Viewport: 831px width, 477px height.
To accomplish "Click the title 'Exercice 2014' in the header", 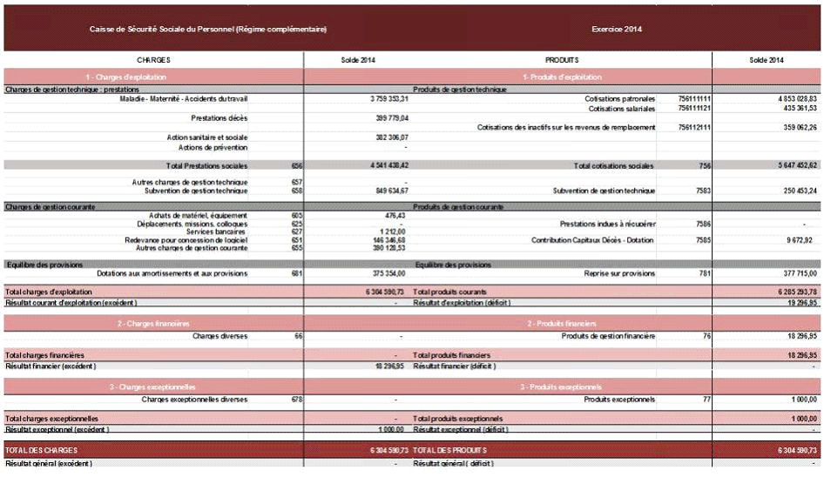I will (617, 30).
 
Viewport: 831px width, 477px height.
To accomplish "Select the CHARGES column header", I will (153, 60).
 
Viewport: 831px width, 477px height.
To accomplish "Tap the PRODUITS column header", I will (562, 60).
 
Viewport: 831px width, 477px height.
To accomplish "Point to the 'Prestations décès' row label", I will (219, 118).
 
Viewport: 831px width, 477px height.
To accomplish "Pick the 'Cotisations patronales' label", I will (620, 99).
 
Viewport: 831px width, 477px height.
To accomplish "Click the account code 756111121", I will (694, 109).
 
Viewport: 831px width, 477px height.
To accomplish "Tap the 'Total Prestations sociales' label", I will (206, 165).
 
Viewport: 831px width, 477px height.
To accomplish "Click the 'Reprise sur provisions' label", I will (619, 273).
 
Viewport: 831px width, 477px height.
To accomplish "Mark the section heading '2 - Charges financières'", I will (154, 323).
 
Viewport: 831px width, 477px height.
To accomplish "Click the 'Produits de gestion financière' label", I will (608, 336).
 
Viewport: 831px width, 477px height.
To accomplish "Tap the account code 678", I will (297, 400).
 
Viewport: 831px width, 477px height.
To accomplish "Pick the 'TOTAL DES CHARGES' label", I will (42, 450).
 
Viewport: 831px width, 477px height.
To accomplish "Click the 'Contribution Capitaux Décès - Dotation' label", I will (593, 239).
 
